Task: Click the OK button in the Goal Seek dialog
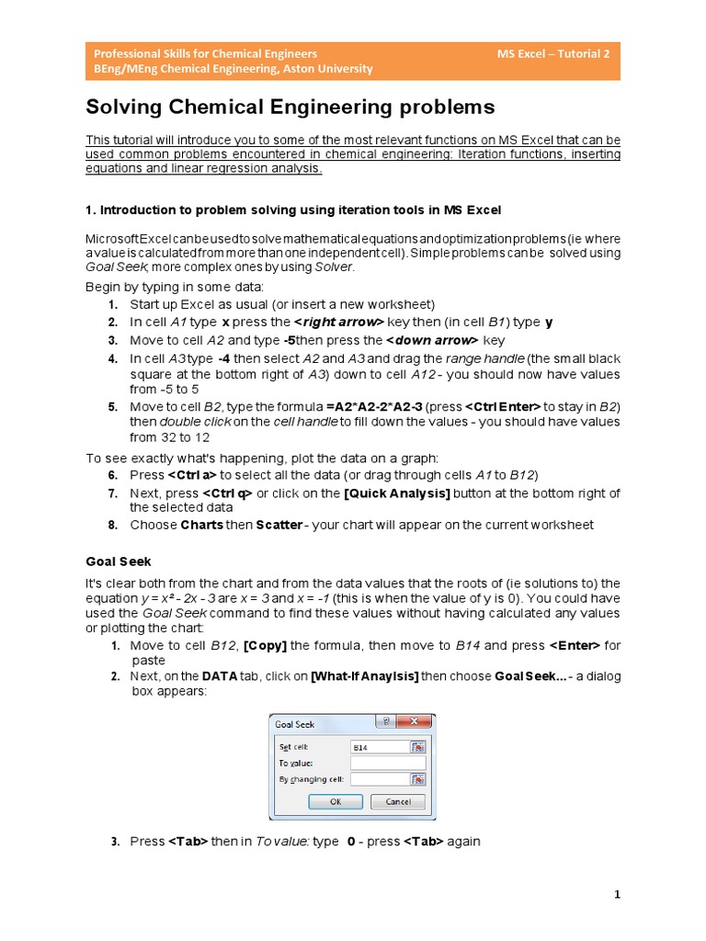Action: pos(334,801)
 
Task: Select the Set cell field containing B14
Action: pos(380,747)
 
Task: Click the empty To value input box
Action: pos(388,763)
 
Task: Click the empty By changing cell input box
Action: pos(380,779)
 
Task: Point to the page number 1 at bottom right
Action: pos(617,894)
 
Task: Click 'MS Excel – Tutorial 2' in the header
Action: pos(552,53)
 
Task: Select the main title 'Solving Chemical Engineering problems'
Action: pos(290,108)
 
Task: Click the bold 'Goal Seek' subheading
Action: pos(119,561)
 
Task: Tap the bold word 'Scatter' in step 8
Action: pos(279,525)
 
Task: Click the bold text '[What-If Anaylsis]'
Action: pos(365,676)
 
